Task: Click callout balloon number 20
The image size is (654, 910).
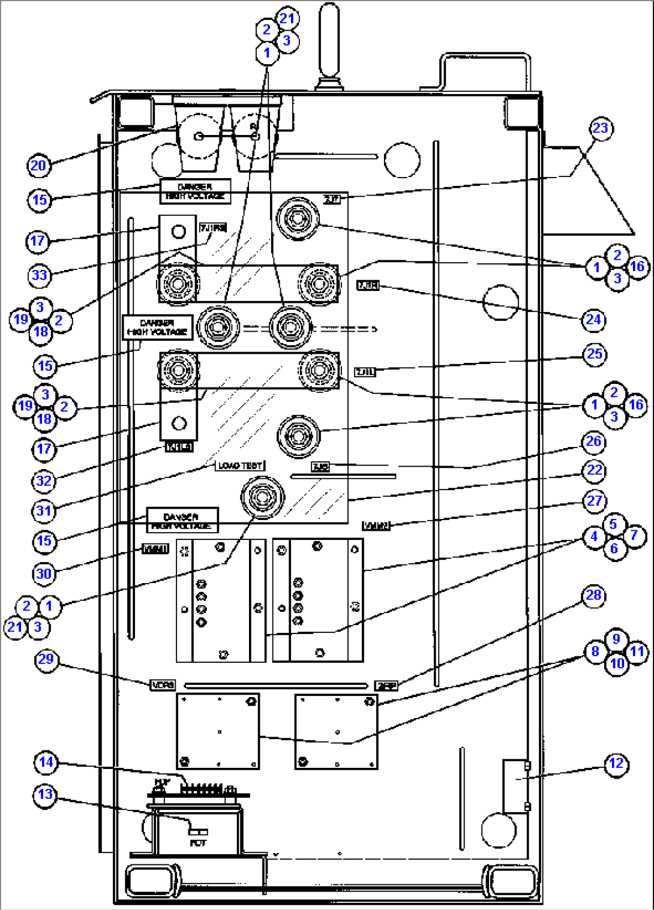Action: [38, 166]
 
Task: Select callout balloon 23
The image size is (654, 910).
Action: [600, 128]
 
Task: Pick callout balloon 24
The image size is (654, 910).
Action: [593, 320]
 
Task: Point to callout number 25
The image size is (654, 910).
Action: [595, 354]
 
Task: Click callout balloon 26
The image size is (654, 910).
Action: [593, 442]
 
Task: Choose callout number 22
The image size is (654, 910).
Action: [594, 470]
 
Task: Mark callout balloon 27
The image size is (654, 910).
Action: [594, 501]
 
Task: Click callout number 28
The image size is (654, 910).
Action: [593, 595]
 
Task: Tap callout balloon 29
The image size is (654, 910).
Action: [46, 659]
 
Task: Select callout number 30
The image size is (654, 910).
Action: [44, 574]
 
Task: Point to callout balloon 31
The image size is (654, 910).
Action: [44, 510]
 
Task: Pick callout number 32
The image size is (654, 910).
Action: [44, 480]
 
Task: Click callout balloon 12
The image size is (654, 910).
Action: [616, 764]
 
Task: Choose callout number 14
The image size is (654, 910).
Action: [46, 762]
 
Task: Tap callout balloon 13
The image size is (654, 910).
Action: [45, 795]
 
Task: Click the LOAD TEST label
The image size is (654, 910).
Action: [240, 465]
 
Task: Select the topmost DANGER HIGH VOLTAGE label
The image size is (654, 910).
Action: [195, 191]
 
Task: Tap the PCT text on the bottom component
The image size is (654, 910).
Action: [198, 843]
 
